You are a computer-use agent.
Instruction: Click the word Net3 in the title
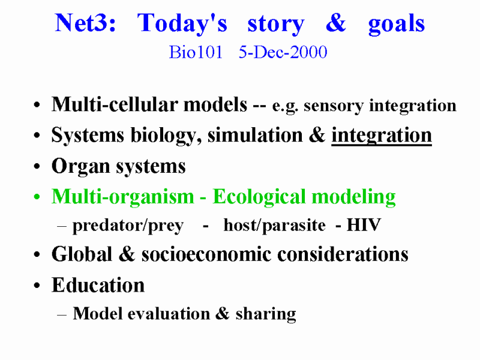point(85,23)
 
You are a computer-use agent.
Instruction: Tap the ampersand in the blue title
point(336,23)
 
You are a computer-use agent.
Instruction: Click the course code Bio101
point(196,52)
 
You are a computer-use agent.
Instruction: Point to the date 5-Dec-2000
point(283,52)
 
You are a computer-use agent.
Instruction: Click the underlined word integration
point(382,136)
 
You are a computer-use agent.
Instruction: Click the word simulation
point(255,135)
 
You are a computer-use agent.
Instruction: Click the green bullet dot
point(37,197)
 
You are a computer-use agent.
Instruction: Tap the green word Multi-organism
point(123,197)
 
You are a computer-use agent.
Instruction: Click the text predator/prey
point(128,226)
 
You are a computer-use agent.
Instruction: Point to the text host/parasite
point(275,226)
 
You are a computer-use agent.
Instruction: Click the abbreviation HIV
point(364,225)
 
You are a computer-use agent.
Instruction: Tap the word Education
point(98,285)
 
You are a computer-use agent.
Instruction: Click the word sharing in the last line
point(266,314)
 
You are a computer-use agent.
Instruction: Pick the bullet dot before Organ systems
point(37,166)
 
